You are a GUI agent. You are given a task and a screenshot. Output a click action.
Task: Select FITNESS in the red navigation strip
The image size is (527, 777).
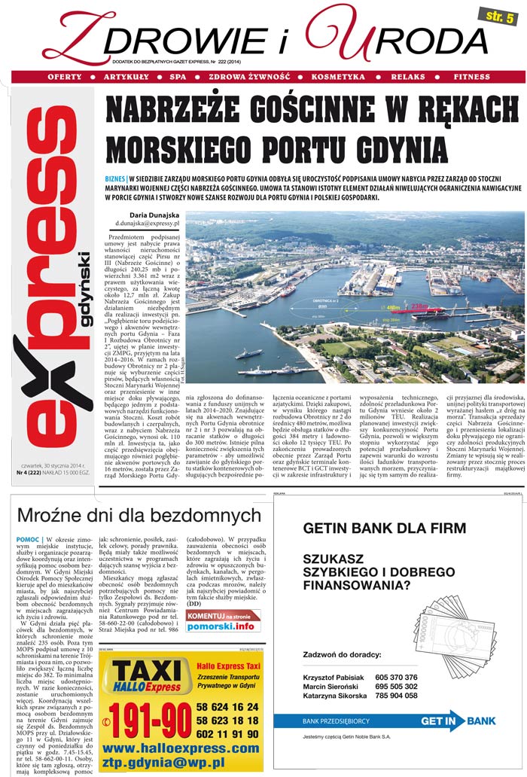471,78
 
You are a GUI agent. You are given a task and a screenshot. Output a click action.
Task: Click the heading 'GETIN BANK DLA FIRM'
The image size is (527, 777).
384,528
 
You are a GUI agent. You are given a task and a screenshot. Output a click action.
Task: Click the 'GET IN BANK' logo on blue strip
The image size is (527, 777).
458,721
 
